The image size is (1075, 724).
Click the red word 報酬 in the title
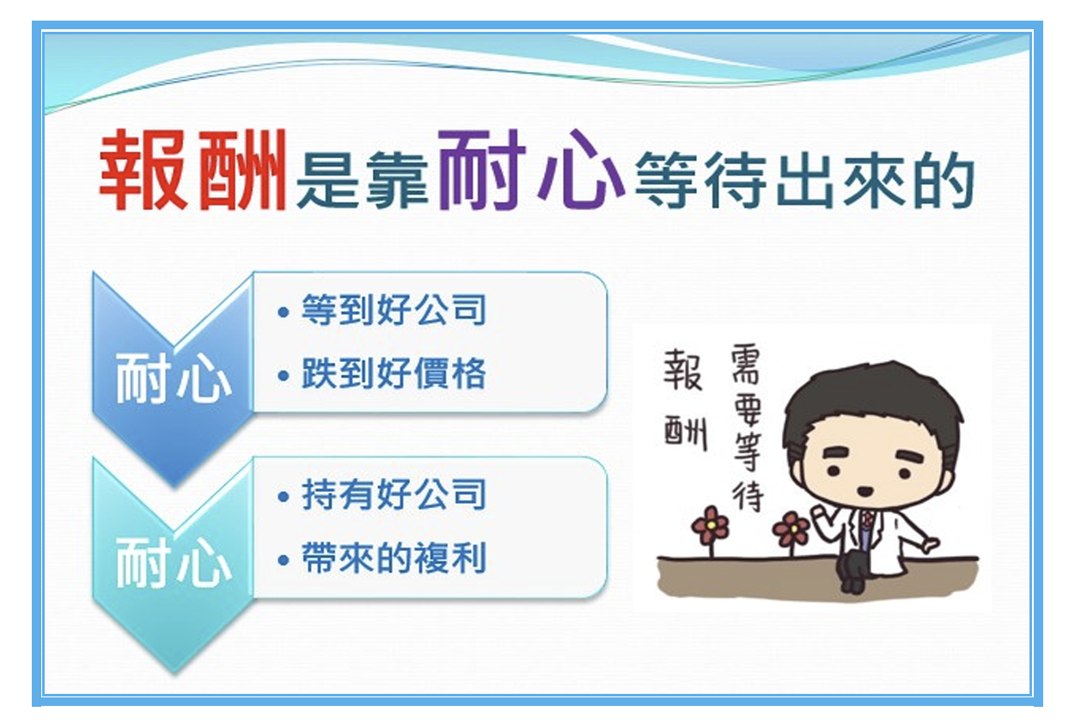point(193,169)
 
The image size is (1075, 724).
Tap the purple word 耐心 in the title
point(531,169)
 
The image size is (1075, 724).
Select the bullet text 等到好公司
point(394,310)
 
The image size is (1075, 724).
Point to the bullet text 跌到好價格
point(394,373)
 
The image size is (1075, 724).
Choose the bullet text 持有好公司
point(394,494)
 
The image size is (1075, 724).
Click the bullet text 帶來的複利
point(394,557)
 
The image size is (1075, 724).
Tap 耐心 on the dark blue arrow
point(174,379)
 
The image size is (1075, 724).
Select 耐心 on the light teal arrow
point(174,563)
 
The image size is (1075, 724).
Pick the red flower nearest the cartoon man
point(791,529)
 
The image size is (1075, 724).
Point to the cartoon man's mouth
point(865,491)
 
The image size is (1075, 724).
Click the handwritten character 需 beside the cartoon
point(745,364)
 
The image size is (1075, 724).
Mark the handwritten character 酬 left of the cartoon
point(686,433)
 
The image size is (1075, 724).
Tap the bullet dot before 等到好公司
point(284,312)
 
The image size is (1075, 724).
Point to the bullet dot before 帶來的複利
point(284,560)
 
